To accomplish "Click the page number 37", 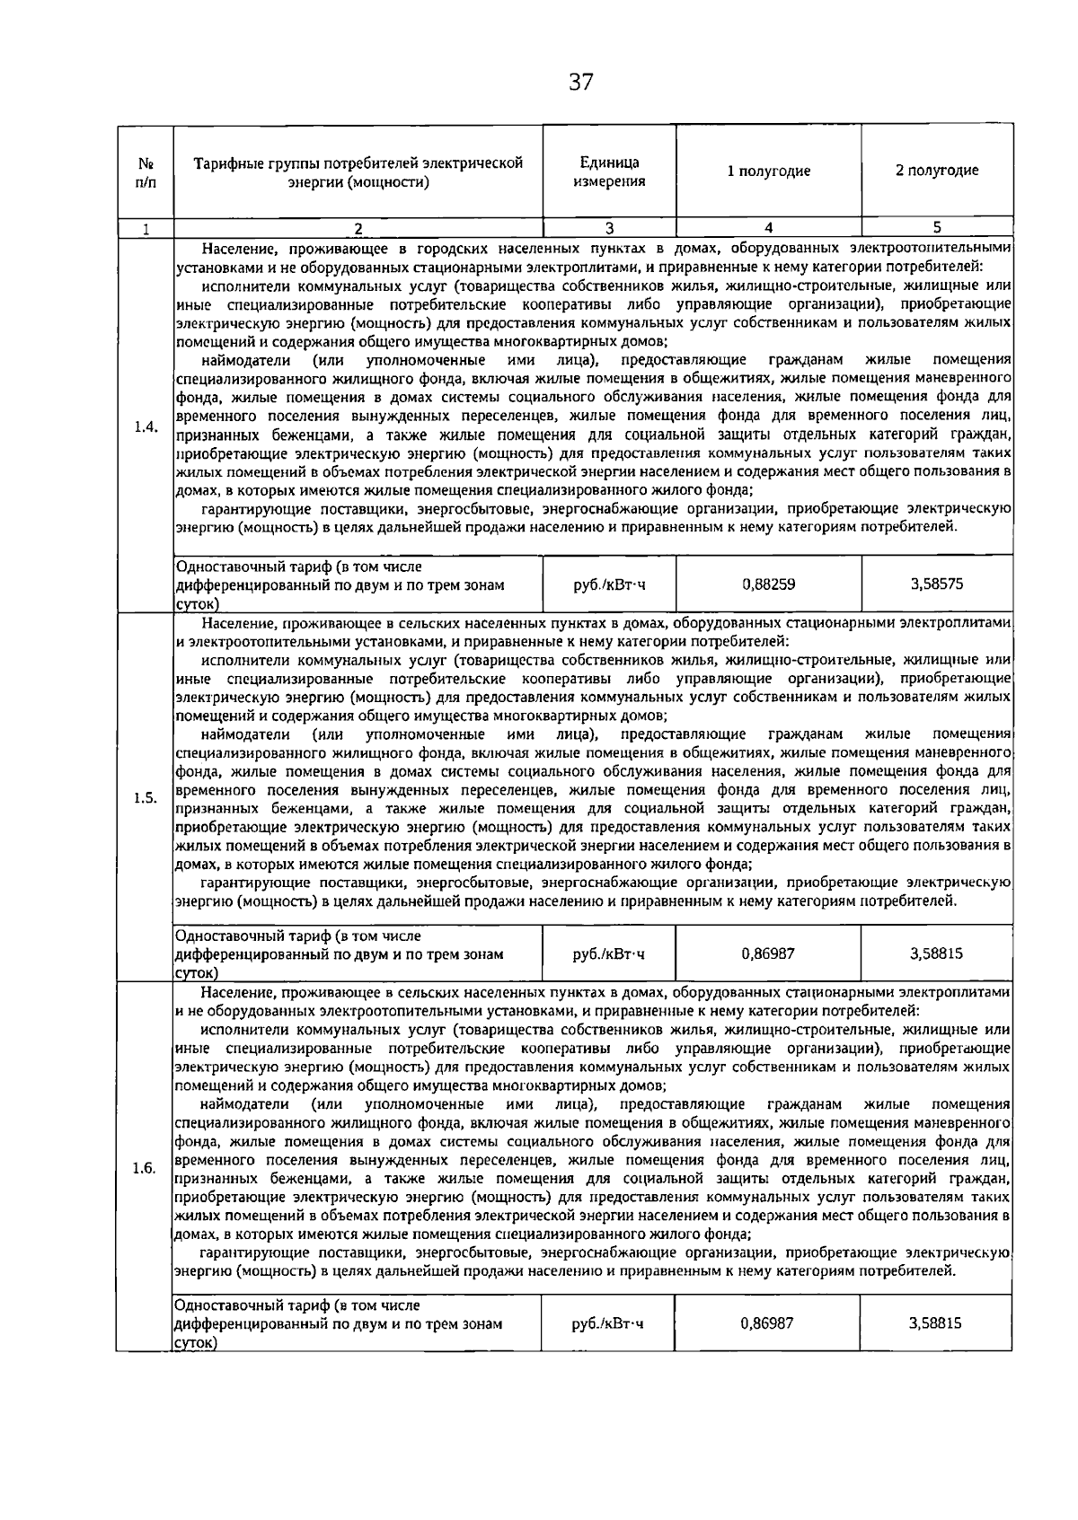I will pos(581,83).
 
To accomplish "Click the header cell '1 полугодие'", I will pos(768,171).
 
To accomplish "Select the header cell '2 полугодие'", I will pos(937,171).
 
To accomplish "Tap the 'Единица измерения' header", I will pos(609,171).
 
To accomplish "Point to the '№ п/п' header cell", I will pos(145,171).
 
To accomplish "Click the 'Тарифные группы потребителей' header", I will pos(358,171).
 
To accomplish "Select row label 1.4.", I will pos(145,426).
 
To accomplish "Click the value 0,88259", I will pos(768,584).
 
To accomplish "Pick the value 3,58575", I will pos(937,584).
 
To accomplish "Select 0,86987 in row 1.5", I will pos(768,953).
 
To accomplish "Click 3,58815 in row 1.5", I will pos(937,953).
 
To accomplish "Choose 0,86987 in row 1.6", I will pos(768,1323).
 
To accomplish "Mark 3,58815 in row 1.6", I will pos(937,1323).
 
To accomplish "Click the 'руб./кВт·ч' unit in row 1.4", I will pos(609,584).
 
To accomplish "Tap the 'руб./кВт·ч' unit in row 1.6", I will pos(609,1323).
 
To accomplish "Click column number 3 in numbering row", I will pos(609,228).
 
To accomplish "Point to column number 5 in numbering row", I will pos(937,228).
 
